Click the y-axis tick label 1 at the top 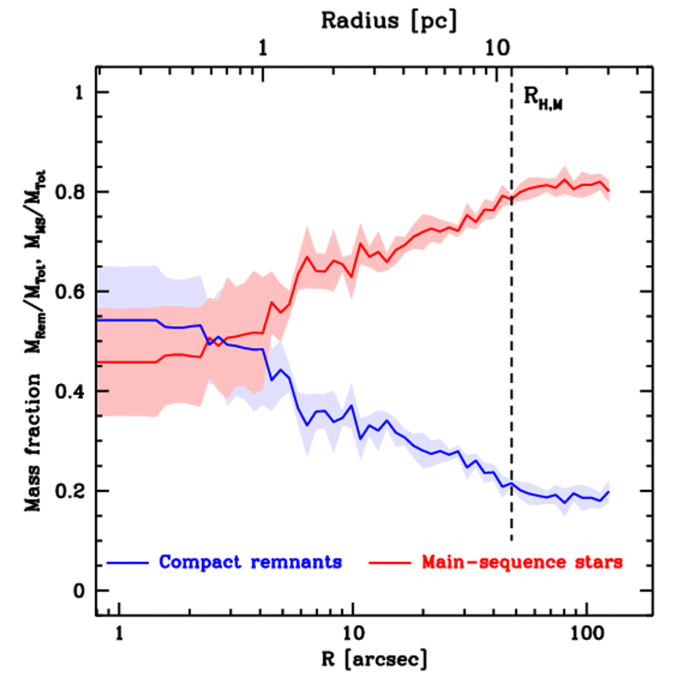[x=82, y=93]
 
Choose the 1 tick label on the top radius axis [x=262, y=48]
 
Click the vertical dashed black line [x=511, y=336]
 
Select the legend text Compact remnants [x=250, y=562]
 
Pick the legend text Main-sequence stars [x=521, y=562]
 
